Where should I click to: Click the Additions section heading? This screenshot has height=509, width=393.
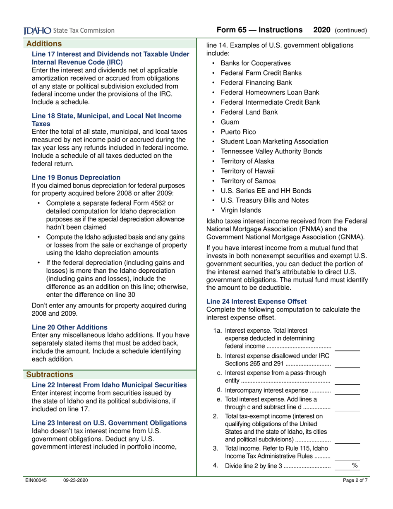tap(44, 43)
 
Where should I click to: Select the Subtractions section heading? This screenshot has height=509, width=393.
tap(50, 375)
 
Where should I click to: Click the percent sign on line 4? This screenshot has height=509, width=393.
tap(354, 466)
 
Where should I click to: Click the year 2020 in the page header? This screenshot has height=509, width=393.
tap(322, 30)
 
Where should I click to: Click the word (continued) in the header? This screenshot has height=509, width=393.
tap(351, 30)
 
